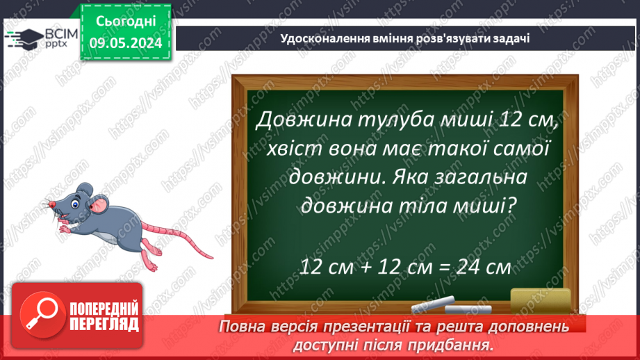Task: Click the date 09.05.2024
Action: tap(126, 43)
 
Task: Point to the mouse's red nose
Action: tap(51, 204)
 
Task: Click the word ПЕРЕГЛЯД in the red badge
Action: tap(102, 324)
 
